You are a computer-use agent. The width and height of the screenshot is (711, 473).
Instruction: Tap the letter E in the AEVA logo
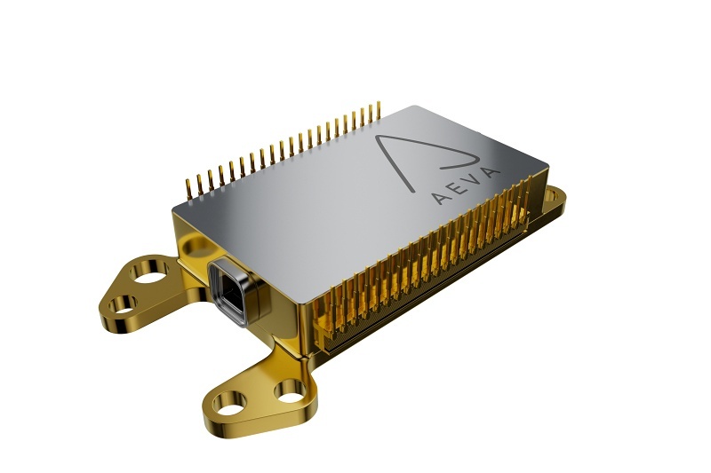pyautogui.click(x=459, y=187)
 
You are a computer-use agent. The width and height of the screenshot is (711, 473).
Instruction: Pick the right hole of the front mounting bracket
pyautogui.click(x=289, y=389)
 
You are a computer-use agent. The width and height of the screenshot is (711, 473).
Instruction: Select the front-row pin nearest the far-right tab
pyautogui.click(x=531, y=188)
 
